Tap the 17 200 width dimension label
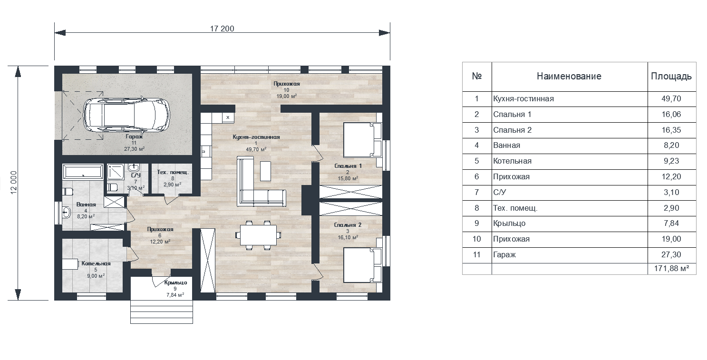(222, 29)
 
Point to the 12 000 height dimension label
(14, 183)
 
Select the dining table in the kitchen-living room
(258, 235)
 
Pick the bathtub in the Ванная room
(83, 172)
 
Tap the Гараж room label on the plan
(134, 137)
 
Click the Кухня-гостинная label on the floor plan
(256, 137)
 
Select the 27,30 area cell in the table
(671, 255)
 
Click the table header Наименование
(569, 76)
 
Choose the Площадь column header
(671, 77)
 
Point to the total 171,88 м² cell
(671, 269)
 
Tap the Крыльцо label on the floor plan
(175, 282)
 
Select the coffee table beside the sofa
(265, 171)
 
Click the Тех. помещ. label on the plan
(173, 173)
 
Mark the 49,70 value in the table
(671, 99)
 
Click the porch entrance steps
(162, 312)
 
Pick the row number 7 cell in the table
(476, 192)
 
